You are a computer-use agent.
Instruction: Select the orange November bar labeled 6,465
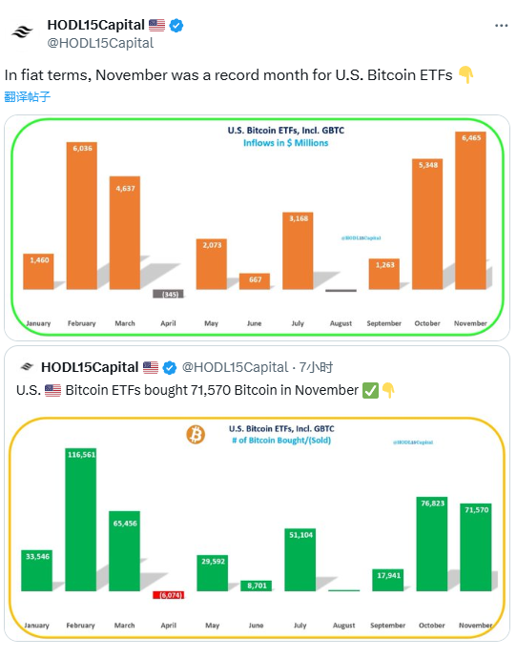[x=470, y=210]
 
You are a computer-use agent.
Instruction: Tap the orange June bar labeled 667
[x=255, y=280]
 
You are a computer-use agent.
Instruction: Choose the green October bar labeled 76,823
[x=432, y=544]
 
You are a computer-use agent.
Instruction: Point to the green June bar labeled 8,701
[x=255, y=586]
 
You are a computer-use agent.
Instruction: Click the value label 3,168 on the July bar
[x=298, y=218]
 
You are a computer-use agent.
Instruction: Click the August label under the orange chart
[x=341, y=323]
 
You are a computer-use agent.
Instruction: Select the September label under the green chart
[x=387, y=626]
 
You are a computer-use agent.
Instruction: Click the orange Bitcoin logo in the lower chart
[x=196, y=435]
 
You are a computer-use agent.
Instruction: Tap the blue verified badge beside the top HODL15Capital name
[x=176, y=26]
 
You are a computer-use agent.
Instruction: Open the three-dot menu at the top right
[x=501, y=26]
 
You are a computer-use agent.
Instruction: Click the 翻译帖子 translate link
[x=28, y=96]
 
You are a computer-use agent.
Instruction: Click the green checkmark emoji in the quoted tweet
[x=371, y=390]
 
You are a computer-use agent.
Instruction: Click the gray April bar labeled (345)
[x=169, y=294]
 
